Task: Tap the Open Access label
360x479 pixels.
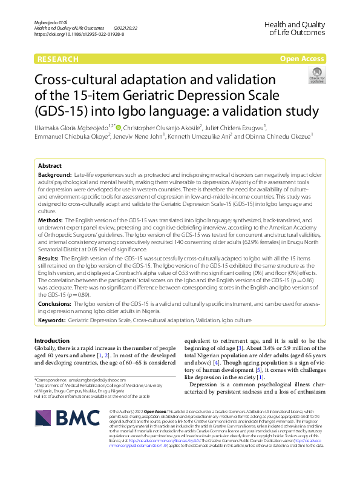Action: click(x=302, y=59)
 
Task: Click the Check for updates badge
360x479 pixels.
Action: click(x=316, y=76)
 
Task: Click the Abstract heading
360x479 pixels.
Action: click(x=50, y=165)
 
